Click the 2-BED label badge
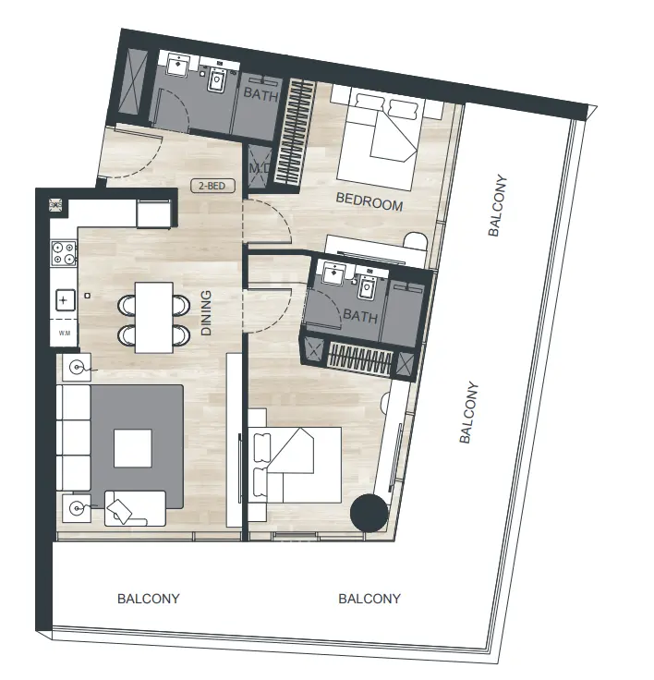[x=212, y=186]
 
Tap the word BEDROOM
[x=369, y=200]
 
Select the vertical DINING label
[x=205, y=312]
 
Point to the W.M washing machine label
[x=64, y=332]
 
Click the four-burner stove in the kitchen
[x=64, y=253]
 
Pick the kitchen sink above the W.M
[x=64, y=299]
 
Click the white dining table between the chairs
[x=153, y=317]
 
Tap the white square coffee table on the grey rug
[x=133, y=449]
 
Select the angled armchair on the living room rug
[x=127, y=509]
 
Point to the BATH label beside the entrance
[x=260, y=93]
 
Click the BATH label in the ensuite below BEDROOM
[x=360, y=316]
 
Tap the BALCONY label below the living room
[x=149, y=599]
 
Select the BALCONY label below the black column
[x=369, y=599]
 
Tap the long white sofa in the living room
[x=73, y=438]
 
